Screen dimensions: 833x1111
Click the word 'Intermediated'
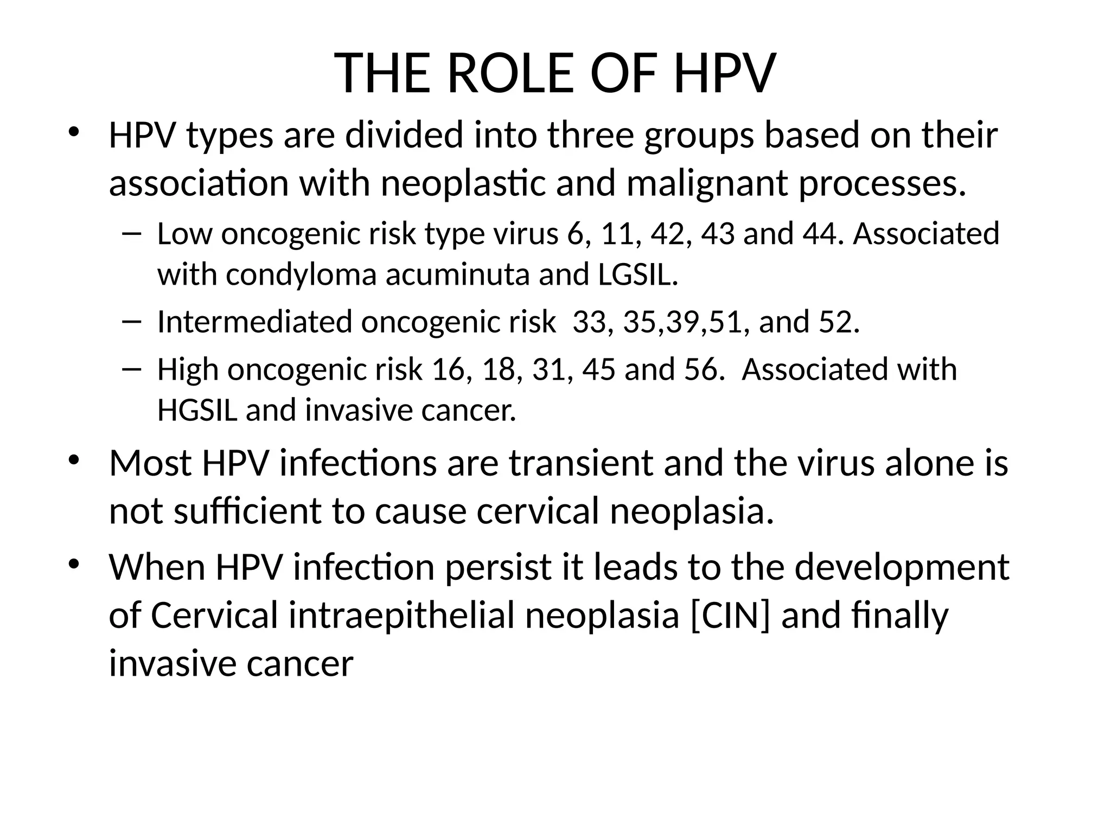(x=254, y=322)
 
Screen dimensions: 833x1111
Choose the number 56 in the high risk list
(x=705, y=369)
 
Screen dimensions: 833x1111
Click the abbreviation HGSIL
(x=197, y=410)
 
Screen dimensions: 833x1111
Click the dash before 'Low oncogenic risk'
(x=132, y=234)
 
